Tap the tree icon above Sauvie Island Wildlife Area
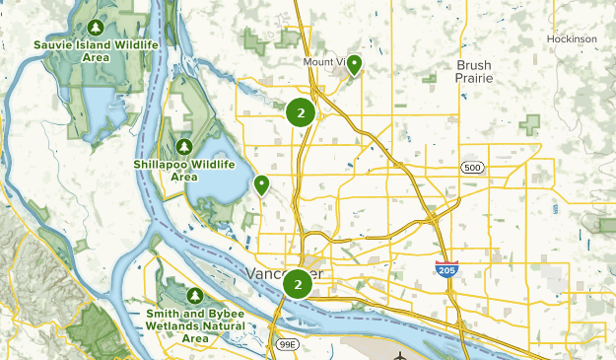pos(95,27)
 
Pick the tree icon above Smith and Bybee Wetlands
pos(194,295)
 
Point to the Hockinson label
pos(572,39)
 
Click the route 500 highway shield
pos(473,169)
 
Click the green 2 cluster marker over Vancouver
pos(298,285)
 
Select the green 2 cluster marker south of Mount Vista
pos(301,112)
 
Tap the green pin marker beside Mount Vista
pos(352,65)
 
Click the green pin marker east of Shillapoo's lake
pos(261,184)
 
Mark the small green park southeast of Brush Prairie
pos(532,124)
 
